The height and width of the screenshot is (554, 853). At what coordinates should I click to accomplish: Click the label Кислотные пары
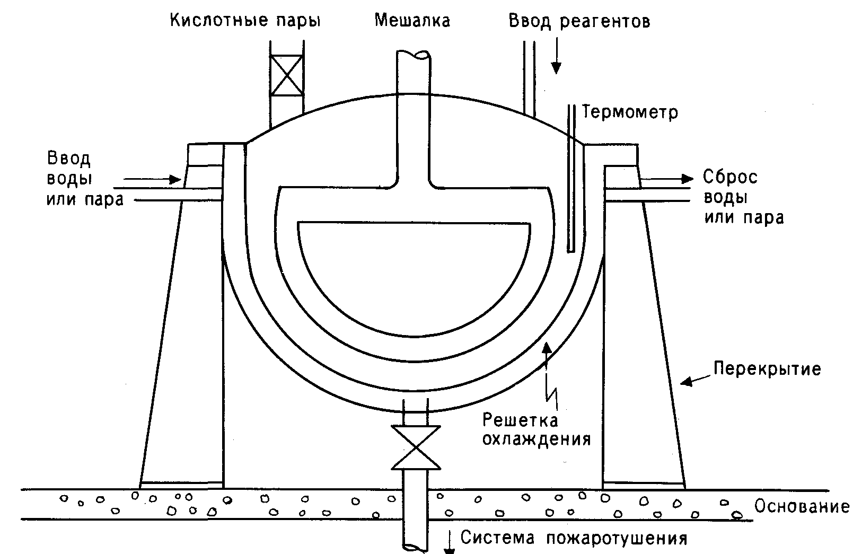pyautogui.click(x=245, y=21)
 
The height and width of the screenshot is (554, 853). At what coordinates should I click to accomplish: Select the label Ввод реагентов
pyautogui.click(x=579, y=21)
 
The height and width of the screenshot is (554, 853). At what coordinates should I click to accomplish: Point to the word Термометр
pyautogui.click(x=630, y=113)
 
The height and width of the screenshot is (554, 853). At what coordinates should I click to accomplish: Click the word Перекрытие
pyautogui.click(x=767, y=368)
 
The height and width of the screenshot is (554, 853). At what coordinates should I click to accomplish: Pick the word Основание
pyautogui.click(x=802, y=506)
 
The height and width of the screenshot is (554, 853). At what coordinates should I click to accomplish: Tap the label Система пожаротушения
pyautogui.click(x=574, y=538)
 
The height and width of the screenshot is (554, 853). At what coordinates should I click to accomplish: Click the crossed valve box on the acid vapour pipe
pyautogui.click(x=287, y=75)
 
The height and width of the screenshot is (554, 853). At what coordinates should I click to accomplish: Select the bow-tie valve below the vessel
pyautogui.click(x=416, y=447)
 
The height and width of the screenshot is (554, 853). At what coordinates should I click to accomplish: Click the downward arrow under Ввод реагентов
pyautogui.click(x=556, y=56)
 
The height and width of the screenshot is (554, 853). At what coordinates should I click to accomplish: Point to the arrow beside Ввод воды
pyautogui.click(x=153, y=179)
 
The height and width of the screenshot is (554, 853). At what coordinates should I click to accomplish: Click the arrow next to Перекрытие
pyautogui.click(x=696, y=380)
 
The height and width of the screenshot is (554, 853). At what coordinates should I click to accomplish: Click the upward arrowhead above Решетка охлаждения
pyautogui.click(x=547, y=348)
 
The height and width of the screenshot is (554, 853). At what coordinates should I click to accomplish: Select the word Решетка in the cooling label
pyautogui.click(x=520, y=420)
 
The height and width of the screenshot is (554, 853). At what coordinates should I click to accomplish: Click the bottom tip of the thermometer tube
pyautogui.click(x=571, y=251)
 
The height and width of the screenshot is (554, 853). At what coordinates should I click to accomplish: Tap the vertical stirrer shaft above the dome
pyautogui.click(x=414, y=72)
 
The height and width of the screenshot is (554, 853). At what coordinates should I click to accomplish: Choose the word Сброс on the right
pyautogui.click(x=730, y=177)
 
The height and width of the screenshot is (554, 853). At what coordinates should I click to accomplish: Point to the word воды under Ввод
pyautogui.click(x=69, y=179)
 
